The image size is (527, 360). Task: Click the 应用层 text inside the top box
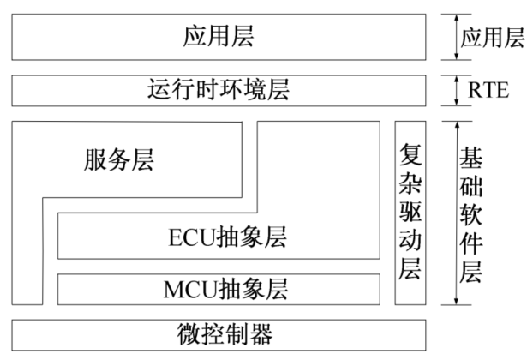click(x=219, y=37)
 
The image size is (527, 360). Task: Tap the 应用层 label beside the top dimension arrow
click(x=493, y=38)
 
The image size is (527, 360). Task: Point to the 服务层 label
click(x=120, y=160)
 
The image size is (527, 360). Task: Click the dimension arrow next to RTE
click(x=457, y=89)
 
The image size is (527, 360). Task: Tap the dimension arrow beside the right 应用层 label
click(x=457, y=37)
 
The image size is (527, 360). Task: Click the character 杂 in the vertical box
click(x=410, y=183)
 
